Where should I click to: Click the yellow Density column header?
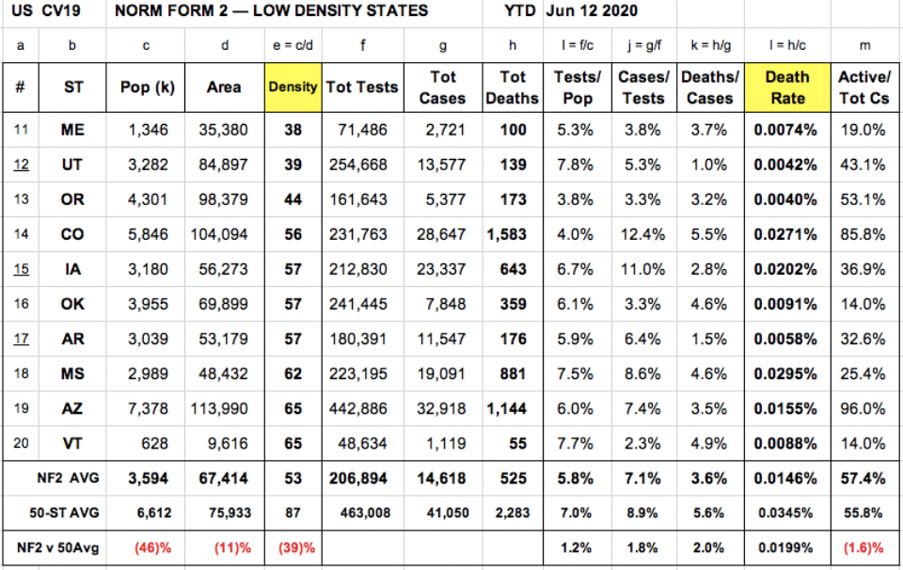293,87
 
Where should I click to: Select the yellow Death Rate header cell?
787,87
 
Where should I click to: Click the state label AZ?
72,408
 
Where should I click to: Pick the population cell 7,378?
148,408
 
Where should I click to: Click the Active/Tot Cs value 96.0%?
863,408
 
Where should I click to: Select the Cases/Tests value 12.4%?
642,234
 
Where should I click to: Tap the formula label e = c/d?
293,45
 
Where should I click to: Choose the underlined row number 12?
21,165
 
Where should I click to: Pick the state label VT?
72,443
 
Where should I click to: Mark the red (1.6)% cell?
863,547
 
